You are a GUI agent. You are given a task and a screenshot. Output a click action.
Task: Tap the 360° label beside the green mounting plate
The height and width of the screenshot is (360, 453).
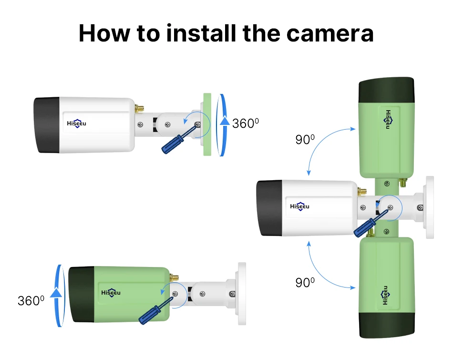coord(245,123)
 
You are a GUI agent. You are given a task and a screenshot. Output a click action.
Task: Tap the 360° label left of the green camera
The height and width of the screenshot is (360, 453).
coord(31,300)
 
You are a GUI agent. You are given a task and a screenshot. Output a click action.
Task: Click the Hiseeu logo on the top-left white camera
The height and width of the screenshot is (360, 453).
coord(76,123)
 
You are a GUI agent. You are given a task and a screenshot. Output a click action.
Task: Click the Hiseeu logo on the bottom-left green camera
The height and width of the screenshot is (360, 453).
coord(111,292)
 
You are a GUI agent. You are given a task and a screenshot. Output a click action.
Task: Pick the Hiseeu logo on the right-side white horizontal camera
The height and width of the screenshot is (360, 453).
coord(299,206)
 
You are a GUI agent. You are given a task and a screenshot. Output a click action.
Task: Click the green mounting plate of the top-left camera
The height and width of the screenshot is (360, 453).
coord(207,124)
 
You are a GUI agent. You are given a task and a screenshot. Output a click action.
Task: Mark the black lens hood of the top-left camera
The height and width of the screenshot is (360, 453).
coord(46,125)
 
